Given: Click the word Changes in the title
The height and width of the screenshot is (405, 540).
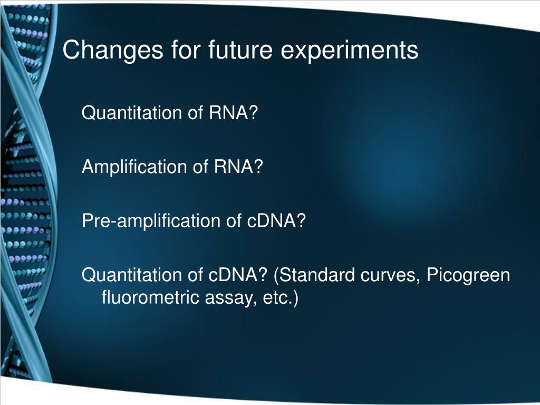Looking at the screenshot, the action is click(113, 51).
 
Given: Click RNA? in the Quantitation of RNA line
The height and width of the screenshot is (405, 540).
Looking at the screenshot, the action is click(234, 113).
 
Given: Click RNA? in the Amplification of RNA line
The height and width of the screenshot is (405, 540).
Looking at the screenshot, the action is click(238, 167).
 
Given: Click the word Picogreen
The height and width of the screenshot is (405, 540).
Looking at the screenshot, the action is click(468, 276).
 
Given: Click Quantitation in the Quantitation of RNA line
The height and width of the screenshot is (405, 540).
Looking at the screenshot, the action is click(131, 113).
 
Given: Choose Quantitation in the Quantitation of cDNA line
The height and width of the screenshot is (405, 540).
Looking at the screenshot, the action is click(131, 275).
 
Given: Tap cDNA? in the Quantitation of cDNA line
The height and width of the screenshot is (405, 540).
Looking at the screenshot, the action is click(238, 275).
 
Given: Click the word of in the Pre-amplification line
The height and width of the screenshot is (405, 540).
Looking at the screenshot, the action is click(234, 221).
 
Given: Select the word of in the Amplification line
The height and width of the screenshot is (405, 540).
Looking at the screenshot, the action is click(200, 167).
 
